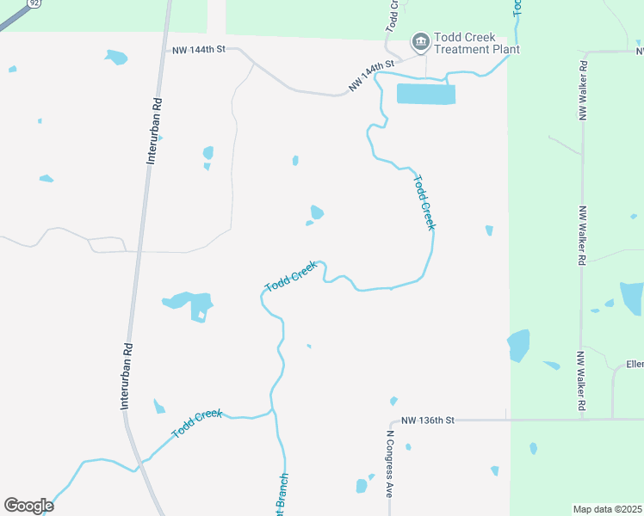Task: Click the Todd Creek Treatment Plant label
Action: point(476,43)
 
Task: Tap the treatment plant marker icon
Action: point(420,40)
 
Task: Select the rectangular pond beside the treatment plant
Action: point(425,94)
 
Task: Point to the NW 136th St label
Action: point(427,421)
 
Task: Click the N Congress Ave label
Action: point(388,465)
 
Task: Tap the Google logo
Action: point(28,506)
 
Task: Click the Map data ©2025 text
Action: point(608,509)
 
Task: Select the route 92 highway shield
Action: point(34,3)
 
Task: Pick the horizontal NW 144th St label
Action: point(197,51)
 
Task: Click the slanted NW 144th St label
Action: point(371,76)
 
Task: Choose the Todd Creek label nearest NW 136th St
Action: point(197,425)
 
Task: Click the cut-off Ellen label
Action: point(635,365)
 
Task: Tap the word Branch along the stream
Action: point(283,494)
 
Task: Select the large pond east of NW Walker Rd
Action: point(631,298)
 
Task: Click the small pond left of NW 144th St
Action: point(115,58)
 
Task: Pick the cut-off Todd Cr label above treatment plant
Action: point(392,15)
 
